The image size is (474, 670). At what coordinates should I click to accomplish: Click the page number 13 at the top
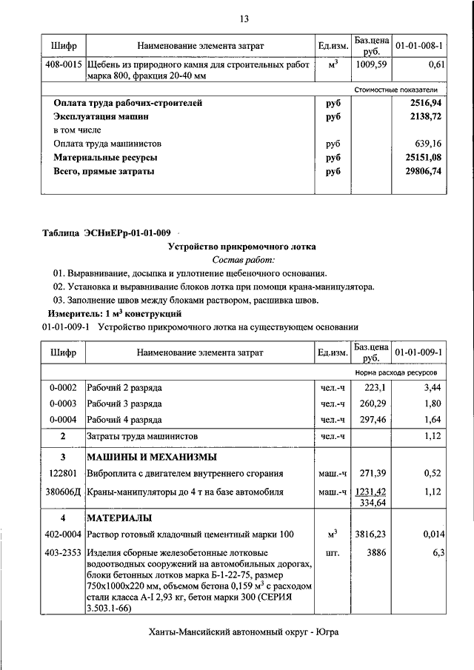click(244, 19)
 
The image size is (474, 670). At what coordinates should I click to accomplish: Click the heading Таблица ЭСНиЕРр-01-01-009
click(107, 234)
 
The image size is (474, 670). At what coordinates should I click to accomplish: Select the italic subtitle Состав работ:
click(243, 260)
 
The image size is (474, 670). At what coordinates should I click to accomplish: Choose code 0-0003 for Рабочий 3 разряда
click(63, 403)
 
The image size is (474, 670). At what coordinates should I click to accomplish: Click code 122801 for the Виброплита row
click(64, 473)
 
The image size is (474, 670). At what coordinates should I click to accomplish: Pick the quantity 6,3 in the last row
click(437, 553)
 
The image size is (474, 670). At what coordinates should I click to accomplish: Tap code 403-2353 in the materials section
click(63, 553)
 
